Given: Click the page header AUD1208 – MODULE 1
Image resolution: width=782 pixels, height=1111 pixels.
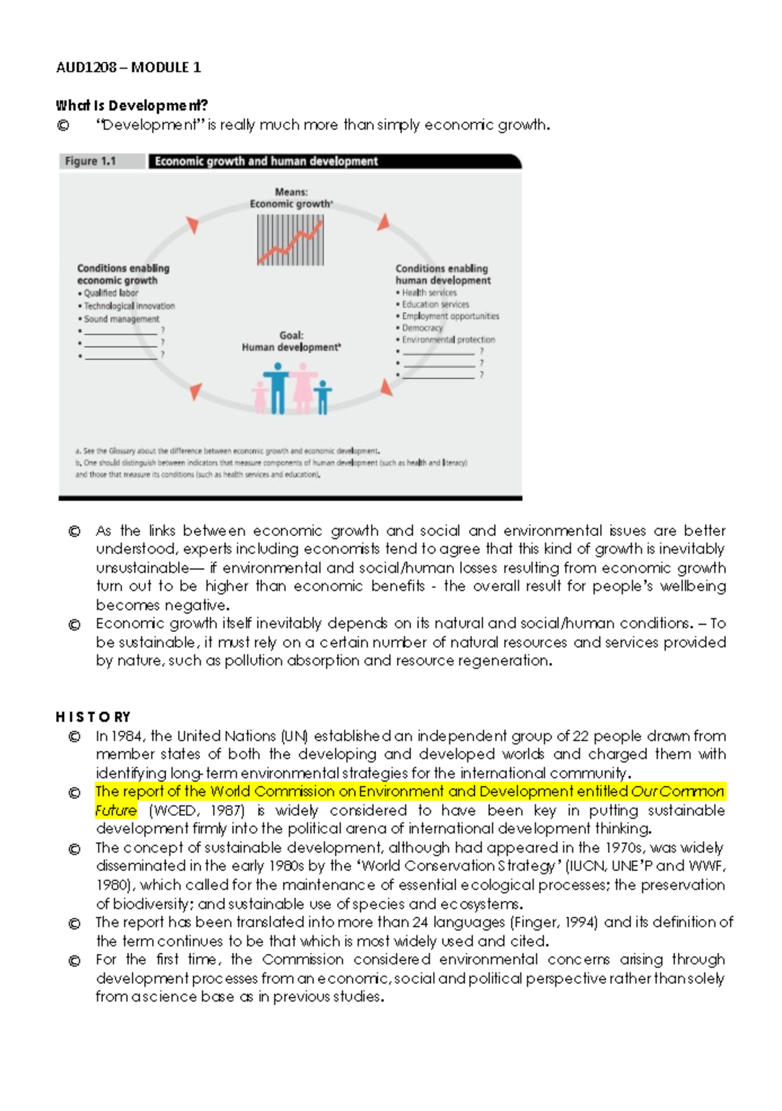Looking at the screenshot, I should [x=128, y=67].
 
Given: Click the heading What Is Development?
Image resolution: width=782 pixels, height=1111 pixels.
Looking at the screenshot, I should [x=132, y=105].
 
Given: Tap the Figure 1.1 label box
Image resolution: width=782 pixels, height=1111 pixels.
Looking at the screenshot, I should [x=91, y=161].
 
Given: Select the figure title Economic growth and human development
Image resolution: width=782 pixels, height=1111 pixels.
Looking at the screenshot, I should [x=266, y=162].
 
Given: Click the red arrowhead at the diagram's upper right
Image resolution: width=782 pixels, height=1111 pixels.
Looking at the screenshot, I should [x=384, y=222].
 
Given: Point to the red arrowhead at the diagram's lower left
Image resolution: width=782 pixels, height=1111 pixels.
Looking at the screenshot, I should [x=195, y=391].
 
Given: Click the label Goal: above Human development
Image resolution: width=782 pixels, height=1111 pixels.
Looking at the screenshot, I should [x=291, y=335].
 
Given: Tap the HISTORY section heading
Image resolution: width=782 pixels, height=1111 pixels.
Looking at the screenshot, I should [x=93, y=717].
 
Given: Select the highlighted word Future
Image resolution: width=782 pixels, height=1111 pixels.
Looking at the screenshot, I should [x=116, y=811].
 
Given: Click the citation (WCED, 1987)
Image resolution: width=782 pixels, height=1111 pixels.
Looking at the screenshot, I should [x=196, y=811].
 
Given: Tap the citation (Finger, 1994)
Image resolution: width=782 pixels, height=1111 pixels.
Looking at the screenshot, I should [x=554, y=923].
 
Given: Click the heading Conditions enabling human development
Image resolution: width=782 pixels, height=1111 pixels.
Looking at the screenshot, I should [x=442, y=274].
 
